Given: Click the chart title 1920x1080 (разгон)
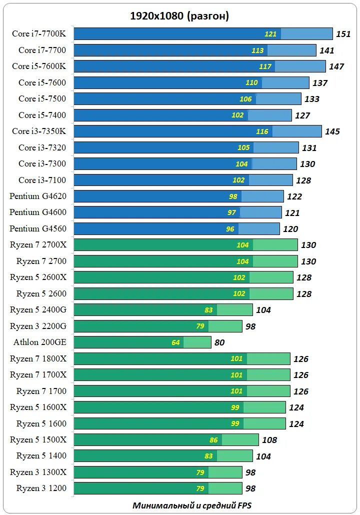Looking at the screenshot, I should click(179, 16).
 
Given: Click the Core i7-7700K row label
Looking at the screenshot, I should click(39, 34).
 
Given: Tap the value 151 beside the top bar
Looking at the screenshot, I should click(343, 34).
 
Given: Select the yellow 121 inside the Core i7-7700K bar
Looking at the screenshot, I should click(270, 34).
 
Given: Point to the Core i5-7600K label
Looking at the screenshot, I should click(39, 66).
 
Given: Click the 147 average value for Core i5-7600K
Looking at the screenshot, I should click(336, 66).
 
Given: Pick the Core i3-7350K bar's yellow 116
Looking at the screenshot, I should click(262, 131).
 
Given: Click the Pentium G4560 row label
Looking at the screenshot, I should click(38, 228).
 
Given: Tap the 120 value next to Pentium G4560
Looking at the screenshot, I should click(290, 229).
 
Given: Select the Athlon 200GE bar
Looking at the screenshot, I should click(142, 342).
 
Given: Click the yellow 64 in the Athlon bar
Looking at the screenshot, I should click(175, 342).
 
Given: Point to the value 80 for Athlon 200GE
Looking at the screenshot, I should click(219, 342).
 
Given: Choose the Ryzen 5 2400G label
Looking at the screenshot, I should click(38, 310).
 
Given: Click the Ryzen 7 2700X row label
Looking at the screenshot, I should click(38, 245).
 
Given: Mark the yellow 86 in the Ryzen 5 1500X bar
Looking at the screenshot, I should click(213, 440).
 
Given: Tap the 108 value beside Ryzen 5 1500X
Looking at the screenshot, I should click(269, 440).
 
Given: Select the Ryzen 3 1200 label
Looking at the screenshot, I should click(41, 488).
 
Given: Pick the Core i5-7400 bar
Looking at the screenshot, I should click(182, 115).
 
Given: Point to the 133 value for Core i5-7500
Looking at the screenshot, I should click(312, 99).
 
